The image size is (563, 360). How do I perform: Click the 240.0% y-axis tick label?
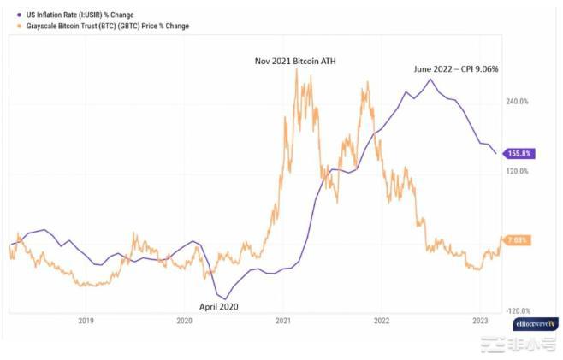[x=519, y=101]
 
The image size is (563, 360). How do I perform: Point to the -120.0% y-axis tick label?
[x=518, y=311]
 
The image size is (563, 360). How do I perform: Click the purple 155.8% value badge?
[x=520, y=154]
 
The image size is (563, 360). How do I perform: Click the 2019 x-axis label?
[x=86, y=321]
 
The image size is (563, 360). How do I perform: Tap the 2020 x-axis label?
[x=184, y=321]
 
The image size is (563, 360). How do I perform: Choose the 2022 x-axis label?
[x=382, y=321]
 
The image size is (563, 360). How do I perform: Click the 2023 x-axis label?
[x=480, y=321]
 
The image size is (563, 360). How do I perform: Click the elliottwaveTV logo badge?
[x=535, y=325]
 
